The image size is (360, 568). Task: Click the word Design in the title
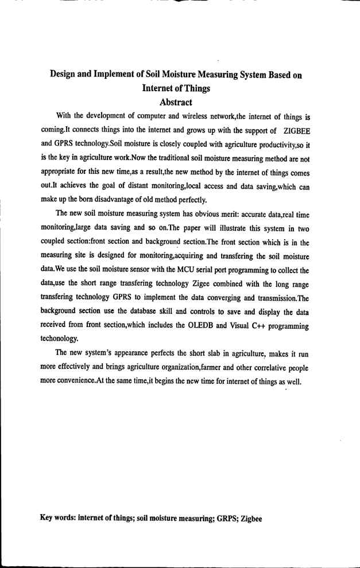66,75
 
